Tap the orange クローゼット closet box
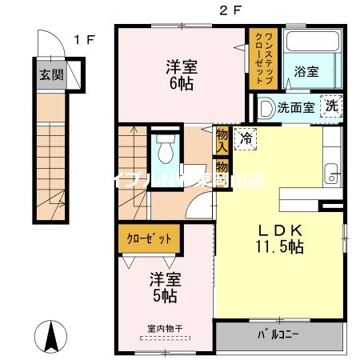pyautogui.click(x=150, y=238)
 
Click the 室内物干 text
pyautogui.click(x=166, y=329)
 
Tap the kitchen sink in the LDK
pyautogui.click(x=332, y=173)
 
